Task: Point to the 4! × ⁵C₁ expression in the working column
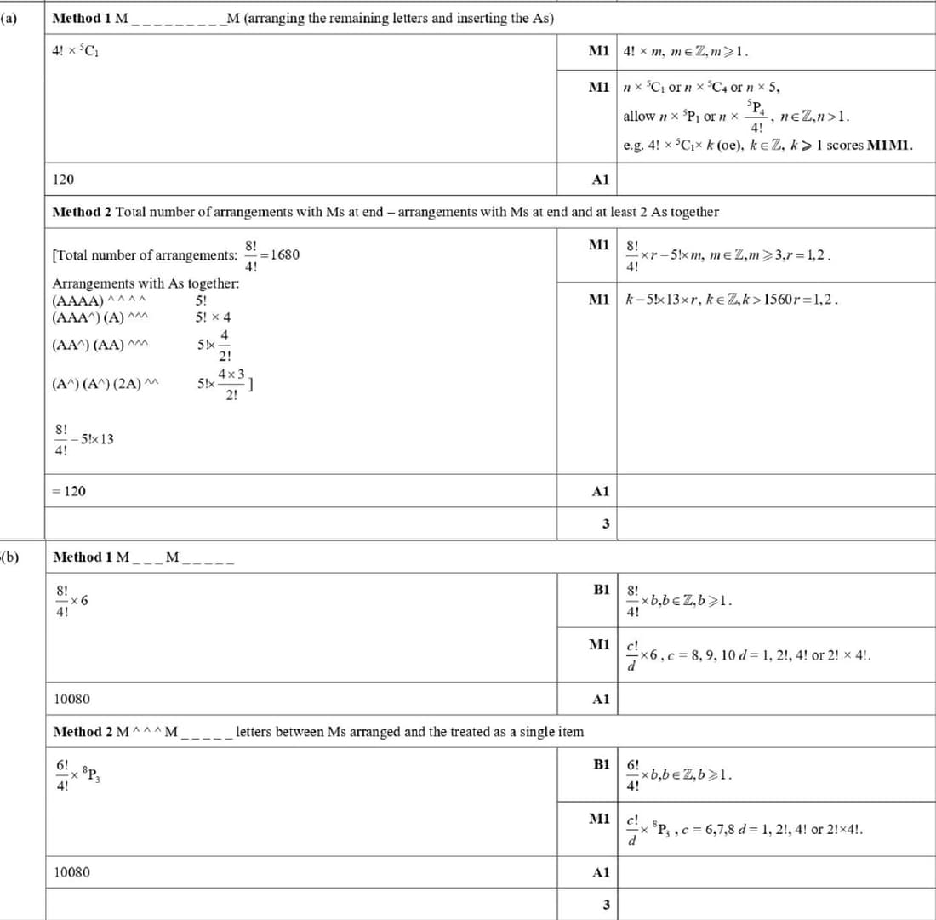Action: [x=79, y=51]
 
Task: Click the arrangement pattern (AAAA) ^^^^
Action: [x=100, y=300]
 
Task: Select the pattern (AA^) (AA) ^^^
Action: [x=100, y=346]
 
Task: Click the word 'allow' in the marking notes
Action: [x=639, y=116]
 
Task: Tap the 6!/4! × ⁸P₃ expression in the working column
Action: [x=81, y=776]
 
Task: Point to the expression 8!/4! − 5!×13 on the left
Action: [x=83, y=439]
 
